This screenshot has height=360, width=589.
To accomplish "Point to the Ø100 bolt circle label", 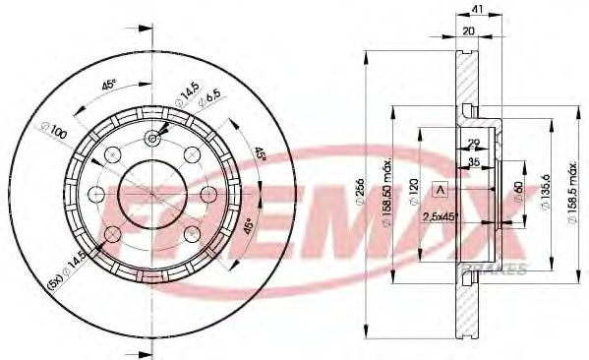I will tap(53, 128).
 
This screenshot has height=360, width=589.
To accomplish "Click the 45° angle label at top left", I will tap(109, 84).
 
